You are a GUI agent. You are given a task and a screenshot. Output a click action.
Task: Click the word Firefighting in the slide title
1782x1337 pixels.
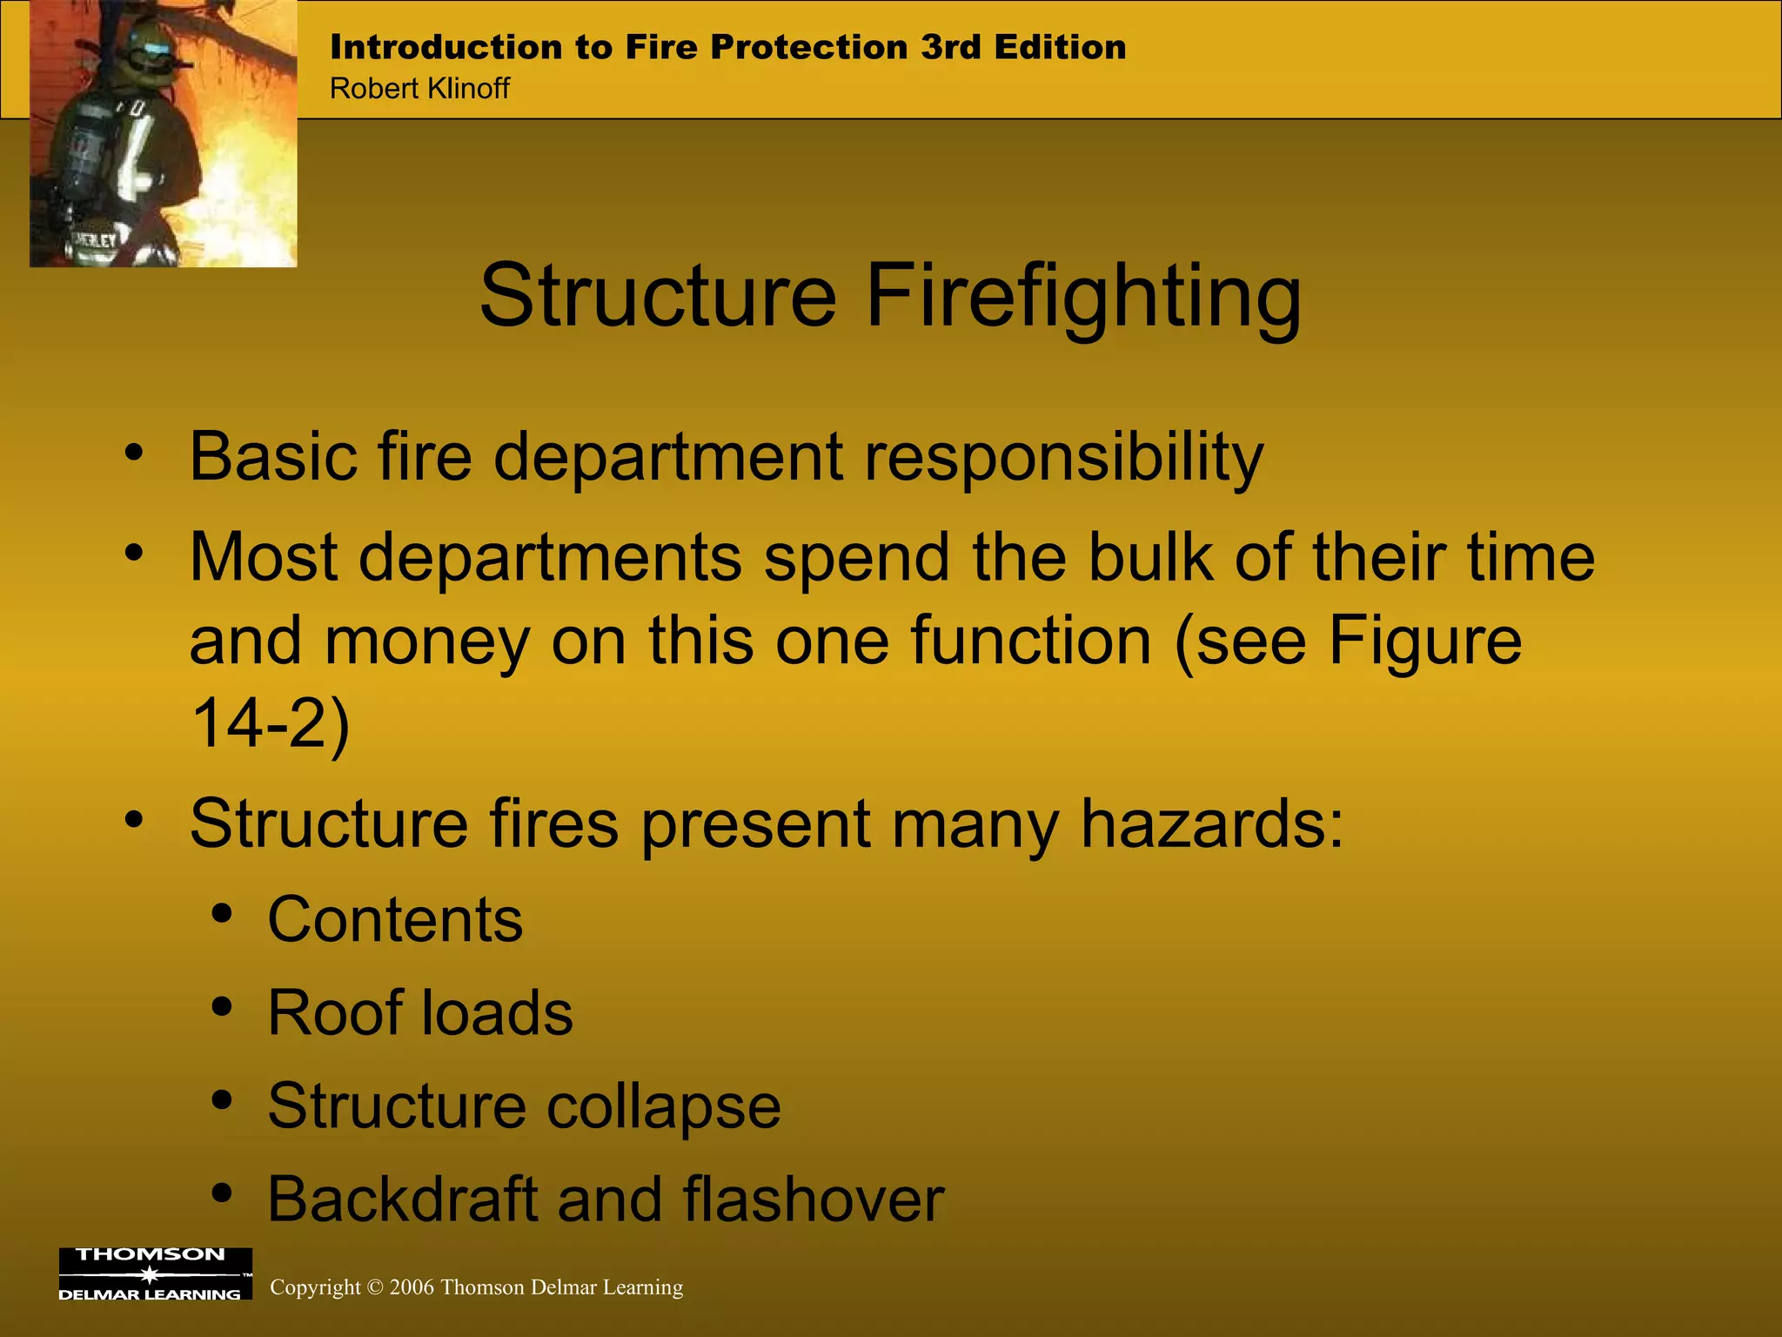[1083, 298]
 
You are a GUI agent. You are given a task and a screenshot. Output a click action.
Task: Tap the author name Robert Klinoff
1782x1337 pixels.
[419, 89]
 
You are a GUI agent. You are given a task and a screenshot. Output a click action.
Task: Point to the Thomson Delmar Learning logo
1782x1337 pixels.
[155, 1274]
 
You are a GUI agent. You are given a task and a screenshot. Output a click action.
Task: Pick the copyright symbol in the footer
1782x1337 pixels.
[375, 1287]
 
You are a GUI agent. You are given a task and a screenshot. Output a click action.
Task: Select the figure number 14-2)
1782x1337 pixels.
[270, 722]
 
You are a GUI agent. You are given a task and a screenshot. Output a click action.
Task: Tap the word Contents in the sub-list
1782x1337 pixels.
[395, 919]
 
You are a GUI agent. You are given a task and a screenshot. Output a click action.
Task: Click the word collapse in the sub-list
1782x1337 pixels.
[663, 1107]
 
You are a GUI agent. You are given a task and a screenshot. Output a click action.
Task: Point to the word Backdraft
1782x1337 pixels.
[402, 1199]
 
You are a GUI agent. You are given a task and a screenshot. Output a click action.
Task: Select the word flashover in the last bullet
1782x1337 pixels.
[813, 1199]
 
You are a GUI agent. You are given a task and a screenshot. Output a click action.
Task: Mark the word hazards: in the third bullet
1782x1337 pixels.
[1212, 823]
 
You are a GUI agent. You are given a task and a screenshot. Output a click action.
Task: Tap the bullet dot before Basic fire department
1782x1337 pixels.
[133, 453]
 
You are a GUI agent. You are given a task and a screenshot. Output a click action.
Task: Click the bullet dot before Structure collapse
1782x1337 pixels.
[222, 1100]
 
